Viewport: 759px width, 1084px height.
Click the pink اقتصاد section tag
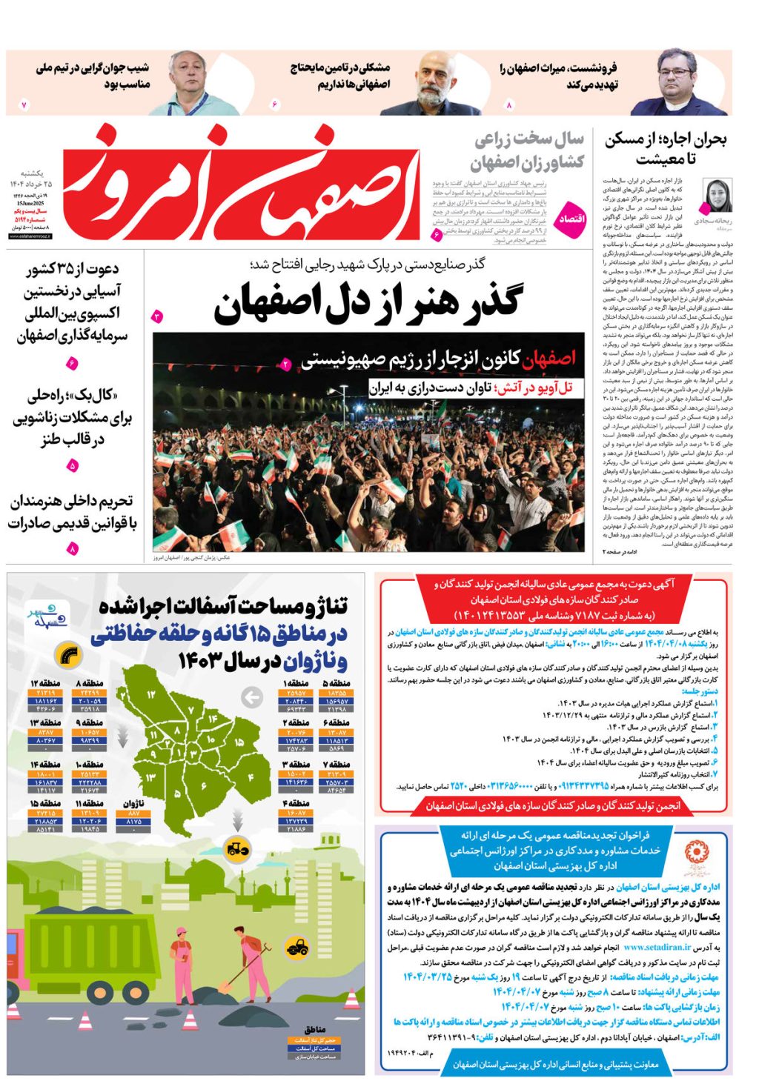tap(571, 219)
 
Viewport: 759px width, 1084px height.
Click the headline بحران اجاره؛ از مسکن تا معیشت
tap(666, 148)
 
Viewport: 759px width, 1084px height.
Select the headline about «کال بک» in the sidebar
tap(72, 417)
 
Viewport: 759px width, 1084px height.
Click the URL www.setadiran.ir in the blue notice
tap(657, 947)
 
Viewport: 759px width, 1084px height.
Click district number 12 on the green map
tap(153, 695)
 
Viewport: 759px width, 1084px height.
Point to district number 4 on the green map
tap(251, 777)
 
